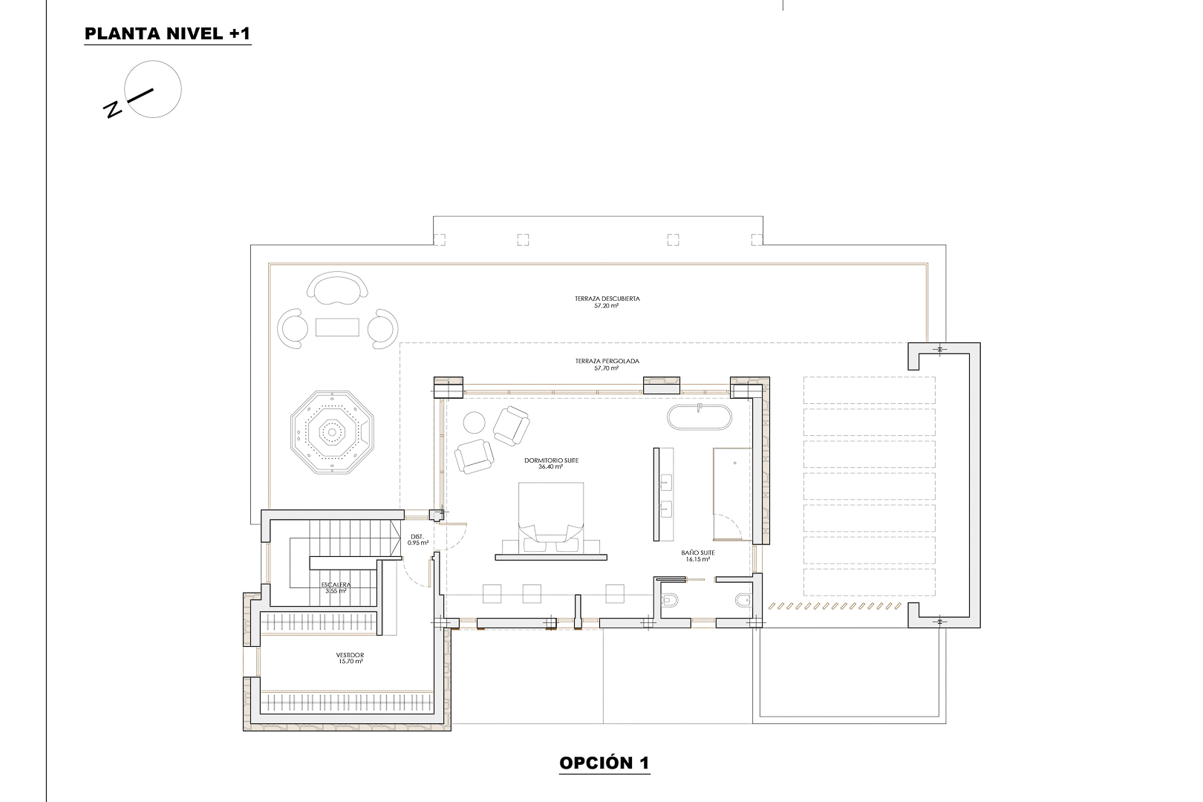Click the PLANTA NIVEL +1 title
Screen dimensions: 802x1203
(x=168, y=34)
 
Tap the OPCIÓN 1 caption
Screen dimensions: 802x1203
(x=604, y=763)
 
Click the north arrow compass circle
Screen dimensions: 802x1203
(x=153, y=89)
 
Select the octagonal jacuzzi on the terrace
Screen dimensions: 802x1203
(x=332, y=433)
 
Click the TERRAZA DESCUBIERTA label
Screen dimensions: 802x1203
(x=607, y=299)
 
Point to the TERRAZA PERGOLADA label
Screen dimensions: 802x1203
(x=607, y=361)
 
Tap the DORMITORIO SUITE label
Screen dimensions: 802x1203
(x=551, y=460)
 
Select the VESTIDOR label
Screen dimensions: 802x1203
(x=349, y=656)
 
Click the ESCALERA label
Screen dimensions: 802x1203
(x=336, y=585)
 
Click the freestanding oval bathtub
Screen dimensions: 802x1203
(x=700, y=418)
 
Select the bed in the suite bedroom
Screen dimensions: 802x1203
(x=550, y=516)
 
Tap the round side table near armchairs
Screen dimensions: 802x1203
(x=475, y=423)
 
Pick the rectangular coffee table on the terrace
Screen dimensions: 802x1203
(x=337, y=327)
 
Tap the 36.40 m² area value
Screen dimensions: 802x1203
(x=551, y=467)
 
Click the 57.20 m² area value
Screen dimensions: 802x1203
(x=607, y=305)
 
